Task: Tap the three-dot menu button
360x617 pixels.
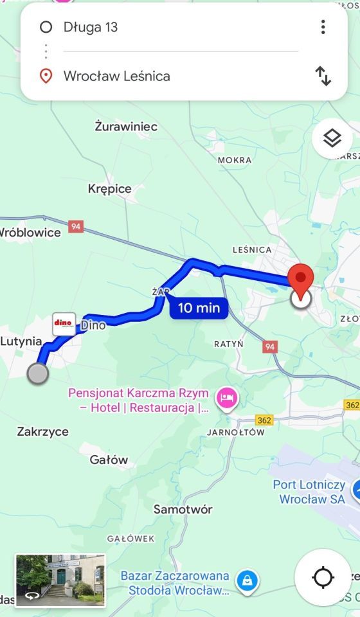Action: click(323, 27)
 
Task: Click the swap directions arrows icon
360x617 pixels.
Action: click(323, 76)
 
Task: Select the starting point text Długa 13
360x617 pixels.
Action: click(91, 27)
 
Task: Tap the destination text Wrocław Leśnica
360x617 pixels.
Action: click(116, 76)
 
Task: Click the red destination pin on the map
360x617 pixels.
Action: click(300, 280)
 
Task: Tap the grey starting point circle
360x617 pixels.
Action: click(39, 373)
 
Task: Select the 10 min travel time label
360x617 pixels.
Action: click(199, 308)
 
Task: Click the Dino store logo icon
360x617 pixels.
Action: click(64, 323)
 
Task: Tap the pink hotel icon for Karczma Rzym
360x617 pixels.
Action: click(227, 398)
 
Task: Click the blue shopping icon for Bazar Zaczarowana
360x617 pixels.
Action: click(246, 582)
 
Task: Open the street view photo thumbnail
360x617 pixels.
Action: click(60, 580)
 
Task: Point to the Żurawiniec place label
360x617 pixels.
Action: click(126, 127)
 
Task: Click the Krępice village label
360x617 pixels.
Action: click(109, 188)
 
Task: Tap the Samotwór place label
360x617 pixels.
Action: click(183, 509)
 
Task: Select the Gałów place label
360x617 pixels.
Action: click(109, 460)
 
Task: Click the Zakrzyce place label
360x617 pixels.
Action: click(42, 431)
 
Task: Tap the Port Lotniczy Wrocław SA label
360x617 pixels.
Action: click(309, 492)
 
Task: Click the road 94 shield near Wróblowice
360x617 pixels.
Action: click(76, 227)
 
